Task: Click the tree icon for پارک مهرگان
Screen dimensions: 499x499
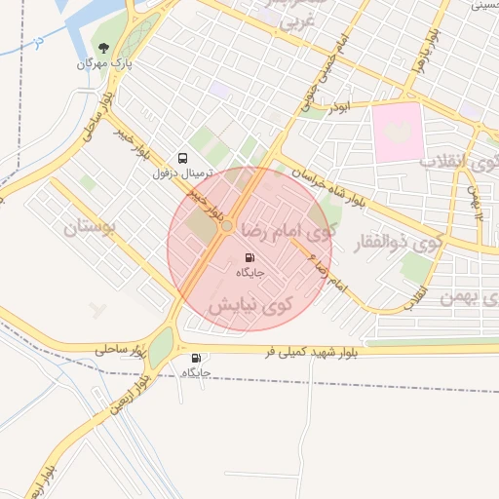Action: [x=104, y=48]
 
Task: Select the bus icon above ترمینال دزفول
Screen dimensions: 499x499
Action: [x=182, y=157]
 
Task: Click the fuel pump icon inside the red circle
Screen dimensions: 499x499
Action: [x=249, y=257]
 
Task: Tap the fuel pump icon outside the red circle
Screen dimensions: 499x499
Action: [x=197, y=358]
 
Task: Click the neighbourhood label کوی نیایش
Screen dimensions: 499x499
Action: [x=250, y=305]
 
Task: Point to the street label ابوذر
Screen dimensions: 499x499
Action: [x=337, y=105]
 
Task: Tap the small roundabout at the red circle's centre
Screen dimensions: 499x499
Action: [x=226, y=226]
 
